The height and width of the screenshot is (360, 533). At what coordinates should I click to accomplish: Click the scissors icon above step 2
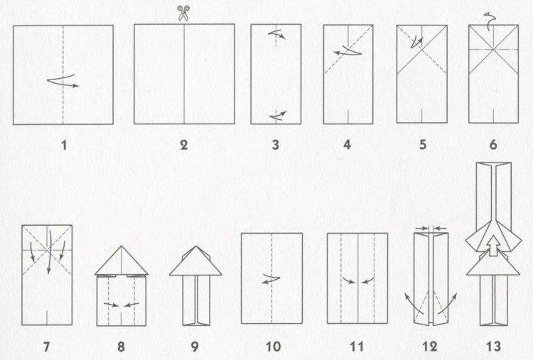[x=185, y=12]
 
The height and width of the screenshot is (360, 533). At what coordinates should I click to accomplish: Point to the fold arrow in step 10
[x=267, y=279]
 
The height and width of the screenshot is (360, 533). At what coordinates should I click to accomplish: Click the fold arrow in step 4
[x=346, y=51]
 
